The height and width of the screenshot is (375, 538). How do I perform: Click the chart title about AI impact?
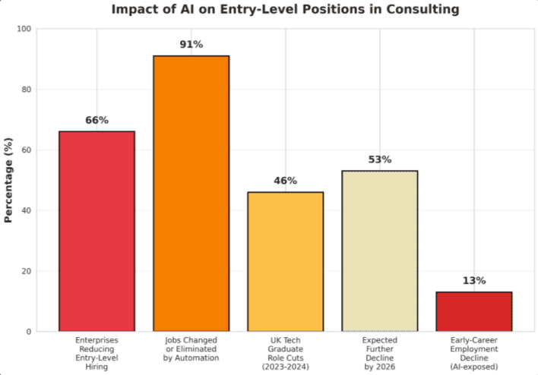tap(285, 10)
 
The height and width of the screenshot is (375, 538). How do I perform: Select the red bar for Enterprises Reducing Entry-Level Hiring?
tap(97, 231)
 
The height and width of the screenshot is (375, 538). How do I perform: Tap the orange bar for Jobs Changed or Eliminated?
tap(191, 193)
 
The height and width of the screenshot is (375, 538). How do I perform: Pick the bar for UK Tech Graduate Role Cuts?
tap(285, 261)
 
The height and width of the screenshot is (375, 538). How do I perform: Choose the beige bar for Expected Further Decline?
tap(379, 251)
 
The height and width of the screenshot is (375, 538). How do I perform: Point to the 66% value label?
tap(97, 120)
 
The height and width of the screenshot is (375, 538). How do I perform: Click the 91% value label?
tap(191, 45)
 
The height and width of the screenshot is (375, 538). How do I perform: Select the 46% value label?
tap(285, 181)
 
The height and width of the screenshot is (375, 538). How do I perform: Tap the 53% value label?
tap(379, 159)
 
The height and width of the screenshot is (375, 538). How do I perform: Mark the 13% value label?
tap(473, 281)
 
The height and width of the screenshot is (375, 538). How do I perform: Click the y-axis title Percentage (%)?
tap(9, 180)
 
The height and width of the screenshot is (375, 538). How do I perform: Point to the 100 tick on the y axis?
tap(24, 29)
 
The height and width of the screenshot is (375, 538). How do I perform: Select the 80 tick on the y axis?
tap(26, 90)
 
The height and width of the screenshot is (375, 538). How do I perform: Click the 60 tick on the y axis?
tap(26, 150)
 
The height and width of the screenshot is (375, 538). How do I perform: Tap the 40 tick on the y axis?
tap(26, 210)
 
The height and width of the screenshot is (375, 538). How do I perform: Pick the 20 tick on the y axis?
tap(26, 271)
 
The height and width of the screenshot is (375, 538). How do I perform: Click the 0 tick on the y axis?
tap(28, 332)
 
